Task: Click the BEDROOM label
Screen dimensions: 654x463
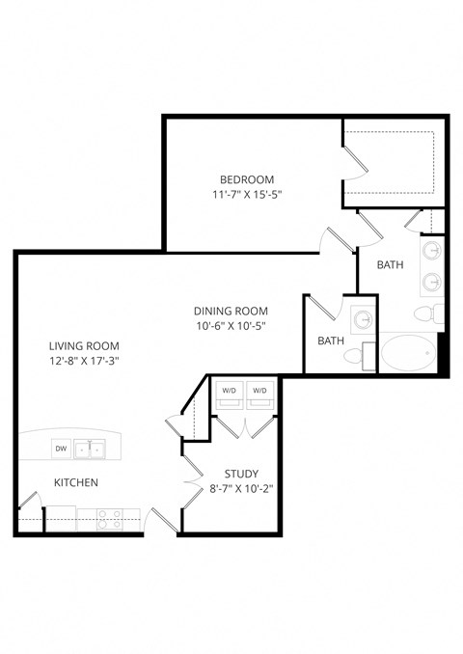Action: coord(247,179)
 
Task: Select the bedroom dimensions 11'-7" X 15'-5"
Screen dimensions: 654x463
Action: coord(247,194)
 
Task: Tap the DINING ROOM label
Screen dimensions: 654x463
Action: coord(231,311)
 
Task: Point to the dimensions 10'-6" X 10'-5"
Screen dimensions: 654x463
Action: coord(231,325)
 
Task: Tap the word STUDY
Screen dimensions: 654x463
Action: coord(240,474)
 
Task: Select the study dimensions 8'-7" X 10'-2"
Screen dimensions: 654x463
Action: coord(240,488)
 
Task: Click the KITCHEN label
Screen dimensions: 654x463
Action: coord(75,482)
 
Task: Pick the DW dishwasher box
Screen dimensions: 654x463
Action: coord(60,449)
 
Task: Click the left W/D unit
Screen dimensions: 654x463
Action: coord(229,391)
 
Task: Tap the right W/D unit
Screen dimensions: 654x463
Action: coord(259,391)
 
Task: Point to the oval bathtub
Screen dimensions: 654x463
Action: coord(405,352)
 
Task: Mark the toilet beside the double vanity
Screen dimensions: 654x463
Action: coord(431,313)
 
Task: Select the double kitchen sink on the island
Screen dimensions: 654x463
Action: coord(92,449)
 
